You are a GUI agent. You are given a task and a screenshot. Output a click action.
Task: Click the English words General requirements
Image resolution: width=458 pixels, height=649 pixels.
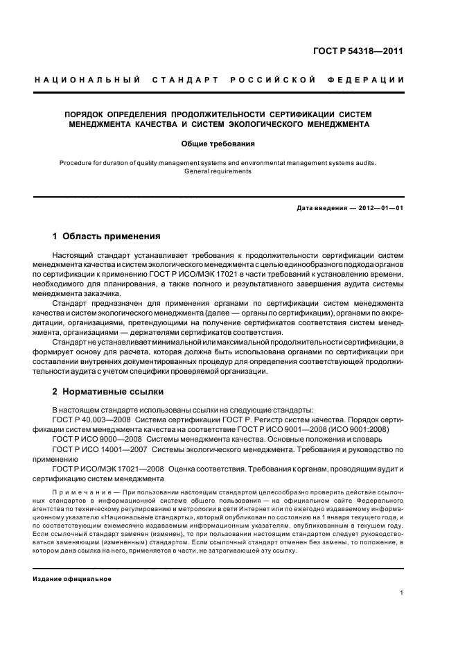tap(218, 171)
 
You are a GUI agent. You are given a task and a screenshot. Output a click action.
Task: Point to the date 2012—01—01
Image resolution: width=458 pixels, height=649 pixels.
tap(377, 208)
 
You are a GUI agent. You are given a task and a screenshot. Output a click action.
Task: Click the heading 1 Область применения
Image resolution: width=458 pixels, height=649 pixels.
tap(107, 236)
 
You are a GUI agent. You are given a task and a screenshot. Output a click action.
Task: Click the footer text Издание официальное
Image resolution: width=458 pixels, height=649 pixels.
tap(72, 579)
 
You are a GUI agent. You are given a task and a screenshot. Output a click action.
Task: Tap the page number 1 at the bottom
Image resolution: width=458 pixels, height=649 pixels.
tap(401, 593)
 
